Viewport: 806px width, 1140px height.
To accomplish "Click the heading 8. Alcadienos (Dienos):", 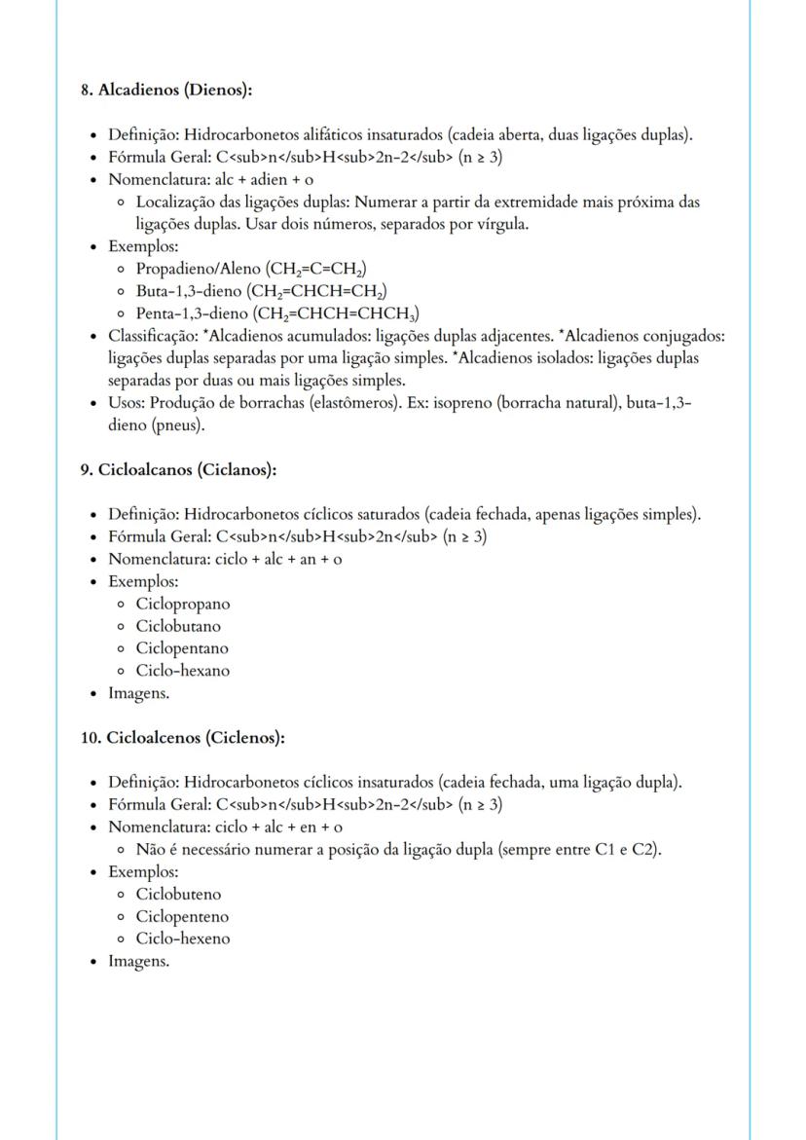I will [166, 91].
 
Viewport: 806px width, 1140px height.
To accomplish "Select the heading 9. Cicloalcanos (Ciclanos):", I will [178, 470].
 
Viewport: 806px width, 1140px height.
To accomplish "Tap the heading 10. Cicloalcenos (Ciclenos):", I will [182, 738].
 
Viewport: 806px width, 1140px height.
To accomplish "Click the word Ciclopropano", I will [183, 604].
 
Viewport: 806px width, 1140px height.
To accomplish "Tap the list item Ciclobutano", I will [178, 626].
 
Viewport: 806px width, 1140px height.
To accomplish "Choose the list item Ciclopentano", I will [182, 648].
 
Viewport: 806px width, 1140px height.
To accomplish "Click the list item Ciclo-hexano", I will [183, 671].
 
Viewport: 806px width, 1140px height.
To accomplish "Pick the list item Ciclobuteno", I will [178, 895].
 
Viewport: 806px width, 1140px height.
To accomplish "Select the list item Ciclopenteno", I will [182, 917].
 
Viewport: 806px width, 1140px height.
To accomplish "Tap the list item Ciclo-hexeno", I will [183, 939].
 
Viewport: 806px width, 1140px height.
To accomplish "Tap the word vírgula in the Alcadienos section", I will [496, 224].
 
